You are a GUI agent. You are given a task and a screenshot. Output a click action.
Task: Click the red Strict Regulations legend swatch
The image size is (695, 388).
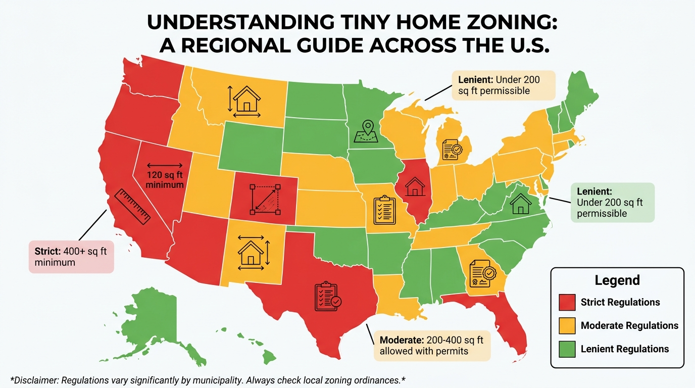[x=568, y=302]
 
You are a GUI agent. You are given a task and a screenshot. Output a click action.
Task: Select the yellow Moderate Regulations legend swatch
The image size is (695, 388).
[x=568, y=326]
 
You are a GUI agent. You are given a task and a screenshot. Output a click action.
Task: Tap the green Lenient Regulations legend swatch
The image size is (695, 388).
[x=568, y=349]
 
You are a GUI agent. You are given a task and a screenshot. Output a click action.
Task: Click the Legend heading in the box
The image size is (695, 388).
[x=617, y=280]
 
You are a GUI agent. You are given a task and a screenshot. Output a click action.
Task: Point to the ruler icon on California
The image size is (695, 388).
[x=133, y=207]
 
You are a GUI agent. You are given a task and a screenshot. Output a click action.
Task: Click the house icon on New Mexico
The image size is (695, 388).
[x=251, y=252]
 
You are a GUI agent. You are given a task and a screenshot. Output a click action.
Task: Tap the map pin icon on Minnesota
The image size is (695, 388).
[x=367, y=131]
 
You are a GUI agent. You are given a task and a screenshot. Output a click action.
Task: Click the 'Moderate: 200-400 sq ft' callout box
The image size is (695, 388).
[x=432, y=345]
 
